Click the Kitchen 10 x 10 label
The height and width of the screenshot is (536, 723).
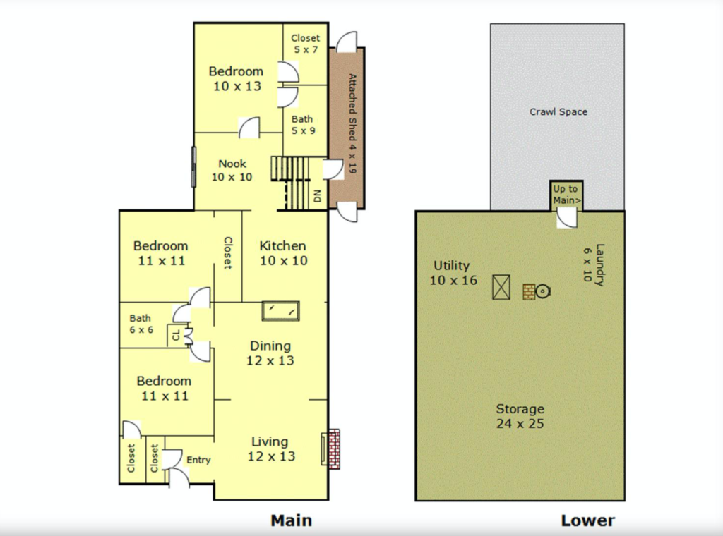coord(283,252)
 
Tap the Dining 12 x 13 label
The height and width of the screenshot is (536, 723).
coord(270,353)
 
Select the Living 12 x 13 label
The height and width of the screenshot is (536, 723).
coord(271,449)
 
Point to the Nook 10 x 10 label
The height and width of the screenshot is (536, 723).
coord(232,170)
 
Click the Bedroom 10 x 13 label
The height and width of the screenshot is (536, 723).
coord(236,78)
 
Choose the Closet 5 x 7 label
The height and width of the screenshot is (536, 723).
coord(305,44)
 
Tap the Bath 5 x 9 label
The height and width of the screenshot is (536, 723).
coord(303,125)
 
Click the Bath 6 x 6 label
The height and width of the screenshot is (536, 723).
coord(141,324)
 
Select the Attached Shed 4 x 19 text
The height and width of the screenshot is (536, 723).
coord(352,123)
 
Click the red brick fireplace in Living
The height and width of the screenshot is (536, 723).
coord(334,449)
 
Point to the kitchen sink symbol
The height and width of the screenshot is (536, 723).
coord(281,311)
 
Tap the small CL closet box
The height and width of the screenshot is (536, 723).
coord(175,335)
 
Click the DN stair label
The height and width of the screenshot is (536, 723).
coord(317,196)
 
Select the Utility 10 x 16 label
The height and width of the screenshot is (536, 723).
coord(453,273)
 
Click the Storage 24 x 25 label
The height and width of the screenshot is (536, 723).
coord(520,416)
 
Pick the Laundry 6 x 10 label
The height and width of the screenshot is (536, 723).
coord(593,264)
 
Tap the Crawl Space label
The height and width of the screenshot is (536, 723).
coord(558,111)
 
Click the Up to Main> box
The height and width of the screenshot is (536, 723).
coord(567,195)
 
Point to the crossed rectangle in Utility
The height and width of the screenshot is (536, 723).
coord(501,287)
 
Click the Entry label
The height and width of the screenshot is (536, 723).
coord(198,460)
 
